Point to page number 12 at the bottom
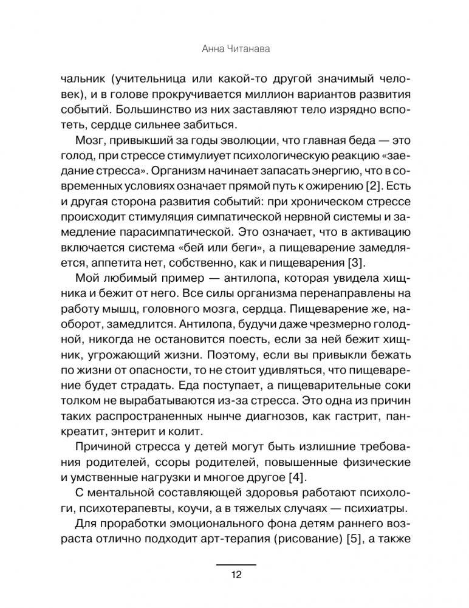coord(235,575)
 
